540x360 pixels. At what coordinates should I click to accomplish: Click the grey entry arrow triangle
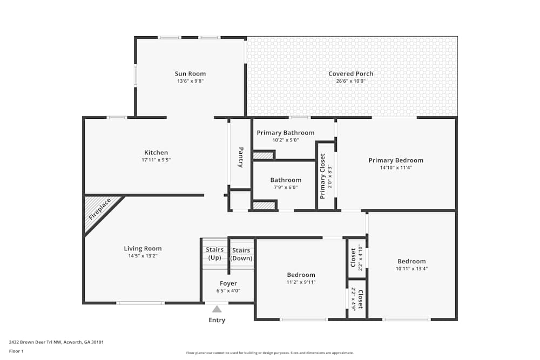(217, 309)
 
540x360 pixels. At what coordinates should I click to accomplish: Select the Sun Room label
(190, 74)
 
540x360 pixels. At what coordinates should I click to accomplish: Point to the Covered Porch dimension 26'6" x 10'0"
(351, 81)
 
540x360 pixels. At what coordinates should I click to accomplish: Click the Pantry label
(240, 157)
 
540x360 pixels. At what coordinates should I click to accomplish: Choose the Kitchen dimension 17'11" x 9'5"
(156, 160)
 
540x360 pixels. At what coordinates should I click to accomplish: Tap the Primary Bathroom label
(285, 133)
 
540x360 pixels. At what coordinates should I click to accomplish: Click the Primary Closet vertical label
(322, 176)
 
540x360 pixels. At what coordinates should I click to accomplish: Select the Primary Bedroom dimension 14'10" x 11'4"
(396, 168)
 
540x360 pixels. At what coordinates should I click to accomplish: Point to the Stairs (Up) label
(214, 254)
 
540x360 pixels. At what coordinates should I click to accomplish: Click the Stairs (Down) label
(241, 254)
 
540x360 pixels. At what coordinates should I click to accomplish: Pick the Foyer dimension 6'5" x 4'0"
(228, 290)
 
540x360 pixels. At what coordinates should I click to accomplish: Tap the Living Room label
(143, 249)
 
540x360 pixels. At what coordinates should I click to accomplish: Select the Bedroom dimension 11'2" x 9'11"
(301, 282)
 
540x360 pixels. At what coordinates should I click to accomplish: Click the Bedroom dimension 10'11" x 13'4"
(411, 269)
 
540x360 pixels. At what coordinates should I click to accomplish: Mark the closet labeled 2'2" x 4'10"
(356, 257)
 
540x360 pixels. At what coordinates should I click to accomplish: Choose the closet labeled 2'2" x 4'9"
(356, 299)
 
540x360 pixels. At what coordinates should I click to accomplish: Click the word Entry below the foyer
(217, 320)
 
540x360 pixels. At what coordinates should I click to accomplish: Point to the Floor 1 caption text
(16, 351)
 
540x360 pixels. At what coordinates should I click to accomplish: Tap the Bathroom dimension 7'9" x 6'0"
(286, 187)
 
